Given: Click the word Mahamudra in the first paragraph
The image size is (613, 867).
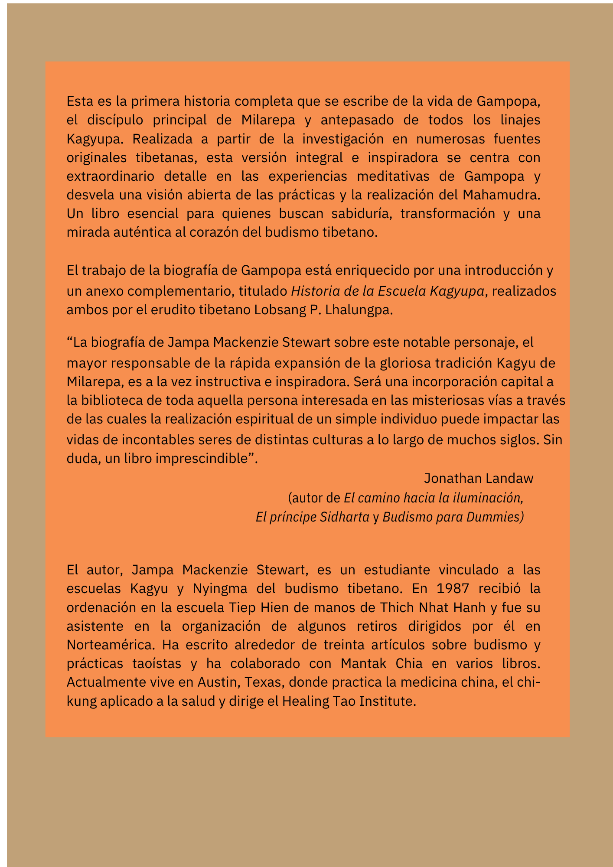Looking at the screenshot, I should click(501, 195).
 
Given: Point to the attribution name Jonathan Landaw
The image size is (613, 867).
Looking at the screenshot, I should click(478, 479).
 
